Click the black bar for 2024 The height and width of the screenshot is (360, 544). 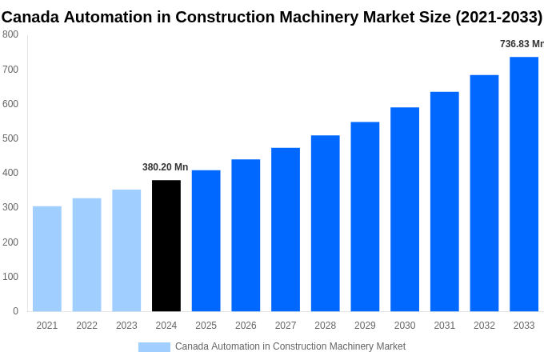coord(166,246)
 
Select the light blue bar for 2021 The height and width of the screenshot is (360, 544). coord(47,258)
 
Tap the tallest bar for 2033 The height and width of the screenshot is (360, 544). coord(524,184)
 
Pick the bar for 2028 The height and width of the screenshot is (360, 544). coord(326,223)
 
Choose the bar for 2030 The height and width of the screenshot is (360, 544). coord(405,209)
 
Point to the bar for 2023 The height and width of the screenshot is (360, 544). coord(126,250)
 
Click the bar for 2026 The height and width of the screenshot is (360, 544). coord(246,235)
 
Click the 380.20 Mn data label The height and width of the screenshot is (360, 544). coord(166,167)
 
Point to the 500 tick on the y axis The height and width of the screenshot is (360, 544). coord(10,138)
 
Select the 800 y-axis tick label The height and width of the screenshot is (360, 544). coord(10,34)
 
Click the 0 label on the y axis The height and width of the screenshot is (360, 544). coord(15,311)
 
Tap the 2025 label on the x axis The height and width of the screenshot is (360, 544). coord(206,326)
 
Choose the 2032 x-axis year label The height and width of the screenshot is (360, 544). coord(484,326)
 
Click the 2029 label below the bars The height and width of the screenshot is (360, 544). coord(365,326)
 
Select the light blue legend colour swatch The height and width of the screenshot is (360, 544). coord(154,346)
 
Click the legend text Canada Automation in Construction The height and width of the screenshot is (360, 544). coord(290,346)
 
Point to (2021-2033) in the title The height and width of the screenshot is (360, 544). coord(498,17)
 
